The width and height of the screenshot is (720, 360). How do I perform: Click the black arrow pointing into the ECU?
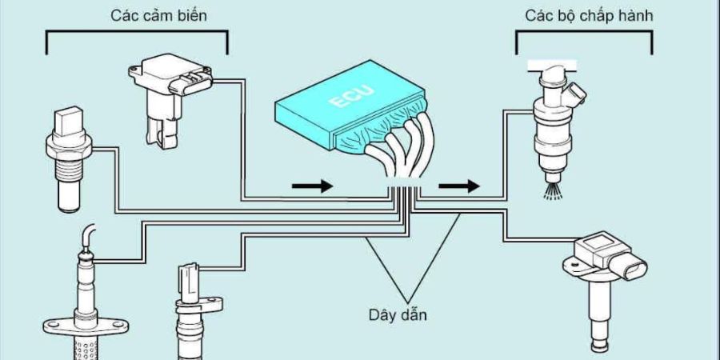[312, 186]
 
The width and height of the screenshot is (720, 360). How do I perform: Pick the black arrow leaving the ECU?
[459, 186]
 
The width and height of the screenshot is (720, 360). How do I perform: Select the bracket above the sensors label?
[137, 33]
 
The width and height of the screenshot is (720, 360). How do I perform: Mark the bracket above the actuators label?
[584, 33]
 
